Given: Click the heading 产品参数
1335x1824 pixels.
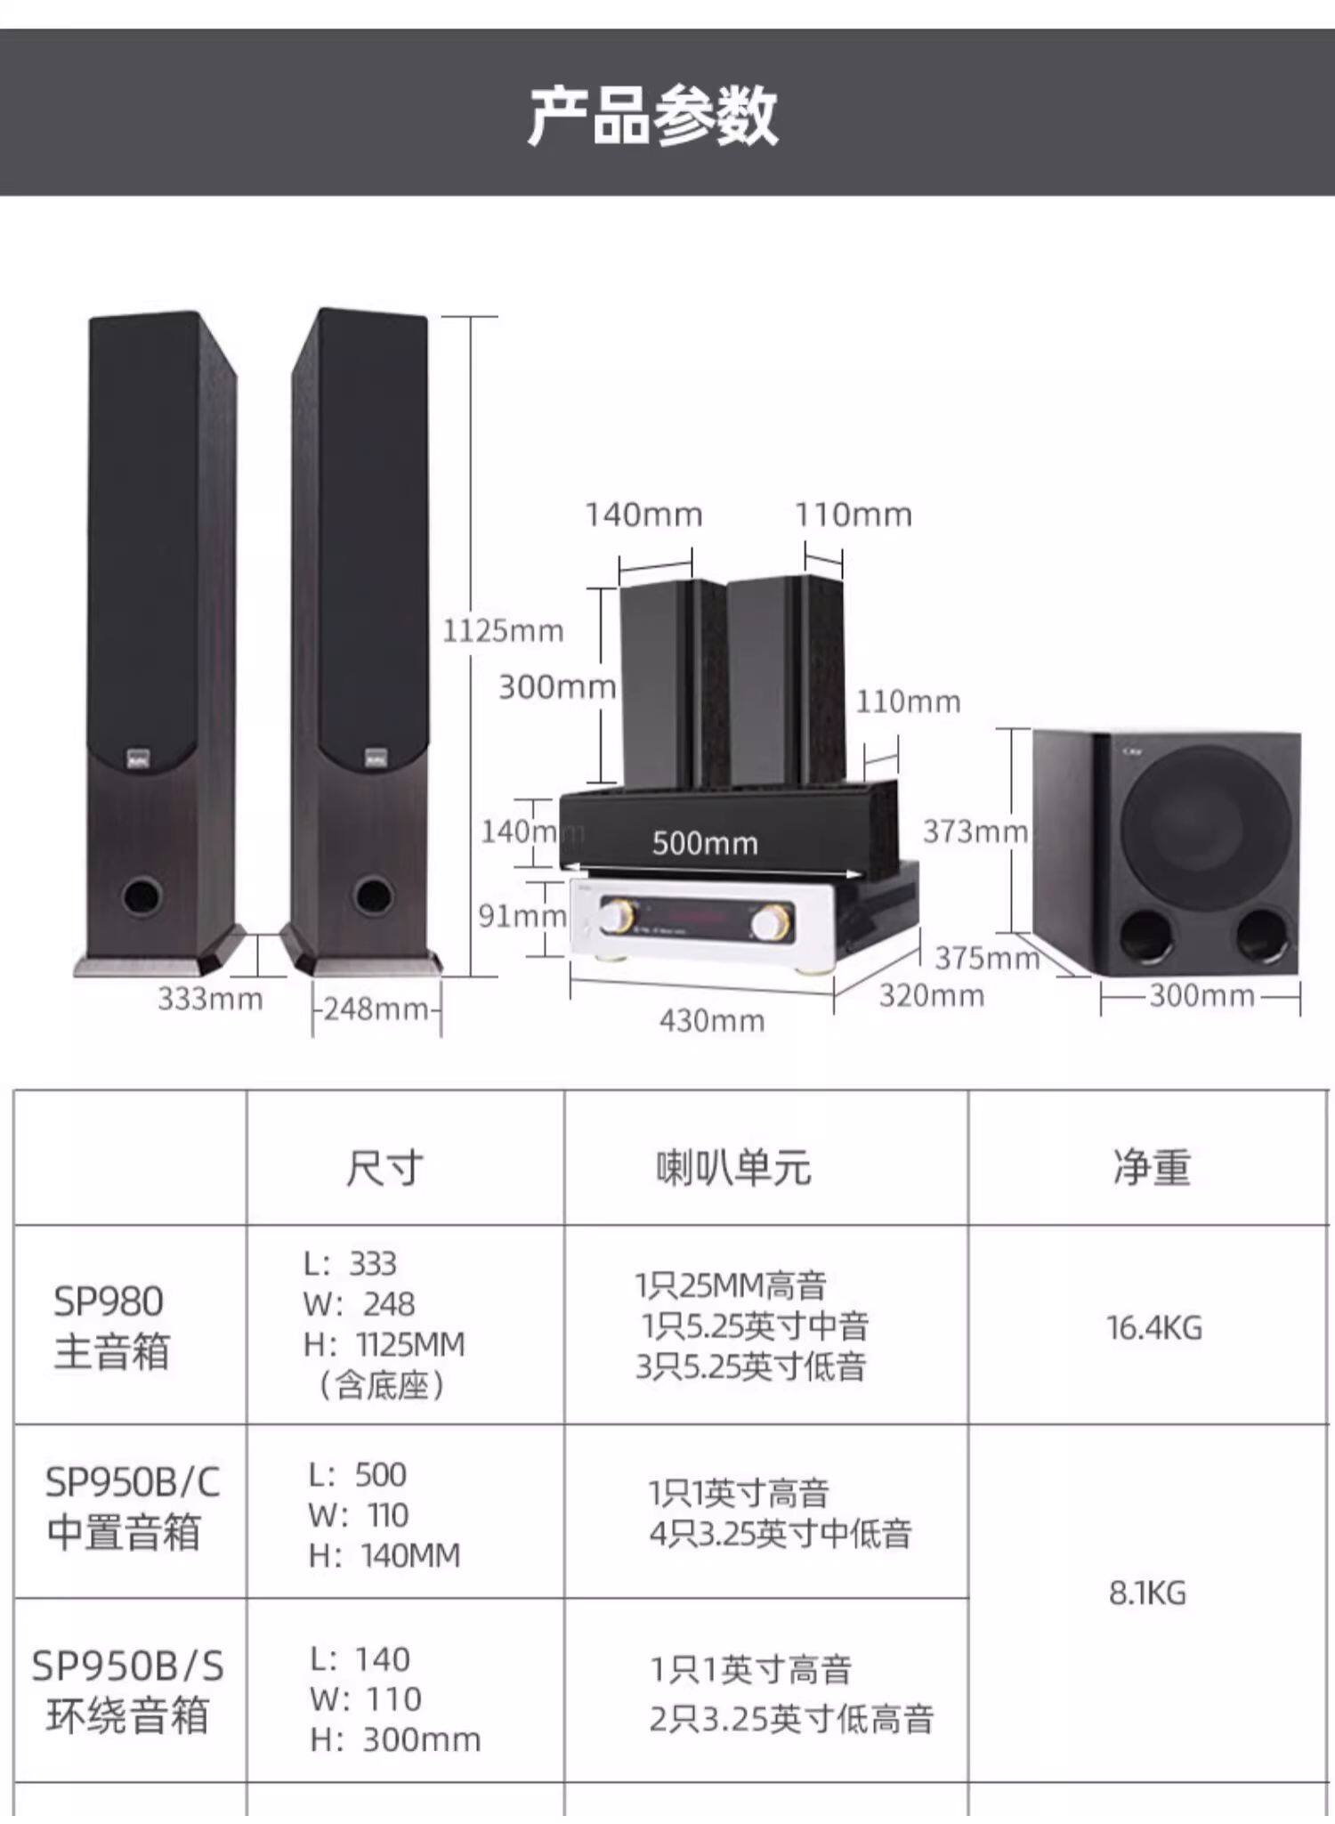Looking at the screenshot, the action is pyautogui.click(x=652, y=116).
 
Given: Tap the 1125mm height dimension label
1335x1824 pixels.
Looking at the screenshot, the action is pyautogui.click(x=503, y=631).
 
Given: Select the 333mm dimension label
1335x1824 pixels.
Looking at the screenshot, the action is pyautogui.click(x=210, y=999).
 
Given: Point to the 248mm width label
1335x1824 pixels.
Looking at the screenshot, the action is pyautogui.click(x=376, y=1009).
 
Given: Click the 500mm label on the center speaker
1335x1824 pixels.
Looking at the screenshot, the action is pyautogui.click(x=705, y=843).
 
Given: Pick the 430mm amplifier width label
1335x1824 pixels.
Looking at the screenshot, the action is pyautogui.click(x=712, y=1020).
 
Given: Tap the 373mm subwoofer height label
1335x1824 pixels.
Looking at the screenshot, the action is pyautogui.click(x=975, y=831).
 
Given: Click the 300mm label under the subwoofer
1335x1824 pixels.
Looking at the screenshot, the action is pyautogui.click(x=1201, y=995).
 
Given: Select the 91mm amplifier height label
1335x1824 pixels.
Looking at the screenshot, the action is pyautogui.click(x=522, y=915).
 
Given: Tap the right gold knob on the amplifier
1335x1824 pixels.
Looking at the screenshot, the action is pyautogui.click(x=769, y=922).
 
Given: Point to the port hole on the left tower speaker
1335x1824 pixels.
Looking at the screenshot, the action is pyautogui.click(x=142, y=895).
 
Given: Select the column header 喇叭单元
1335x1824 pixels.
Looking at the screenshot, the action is pyautogui.click(x=733, y=1167).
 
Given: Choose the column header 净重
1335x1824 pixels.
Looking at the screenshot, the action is pyautogui.click(x=1151, y=1167).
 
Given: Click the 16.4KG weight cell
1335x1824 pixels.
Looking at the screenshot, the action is pyautogui.click(x=1153, y=1328).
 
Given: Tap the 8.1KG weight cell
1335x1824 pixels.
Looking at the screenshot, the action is pyautogui.click(x=1147, y=1593).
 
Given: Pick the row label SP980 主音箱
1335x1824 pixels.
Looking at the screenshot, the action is pyautogui.click(x=110, y=1325).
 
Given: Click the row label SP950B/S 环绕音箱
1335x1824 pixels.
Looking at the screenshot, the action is pyautogui.click(x=127, y=1690).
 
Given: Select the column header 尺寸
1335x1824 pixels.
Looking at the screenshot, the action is pyautogui.click(x=384, y=1167).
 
